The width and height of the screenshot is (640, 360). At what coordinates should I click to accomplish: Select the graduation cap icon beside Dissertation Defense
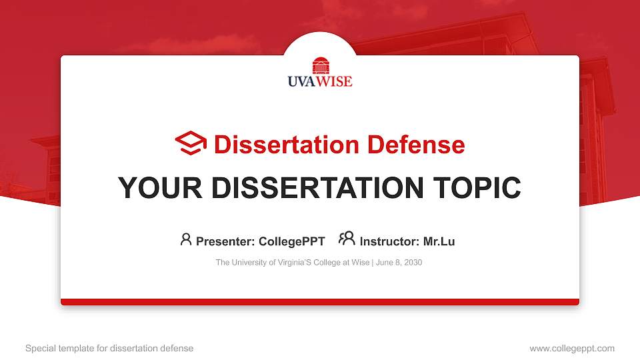[191, 143]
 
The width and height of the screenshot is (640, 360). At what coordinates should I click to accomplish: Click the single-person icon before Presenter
[186, 239]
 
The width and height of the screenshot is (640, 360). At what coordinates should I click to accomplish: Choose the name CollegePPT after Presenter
[291, 241]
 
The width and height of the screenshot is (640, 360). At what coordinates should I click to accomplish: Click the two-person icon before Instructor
[347, 239]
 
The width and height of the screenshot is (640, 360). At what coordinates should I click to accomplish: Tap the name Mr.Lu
[439, 241]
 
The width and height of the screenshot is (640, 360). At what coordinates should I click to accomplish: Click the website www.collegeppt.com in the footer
[572, 348]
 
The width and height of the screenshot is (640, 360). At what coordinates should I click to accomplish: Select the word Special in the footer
[39, 348]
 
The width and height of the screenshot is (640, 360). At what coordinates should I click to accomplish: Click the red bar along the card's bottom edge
[320, 302]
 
